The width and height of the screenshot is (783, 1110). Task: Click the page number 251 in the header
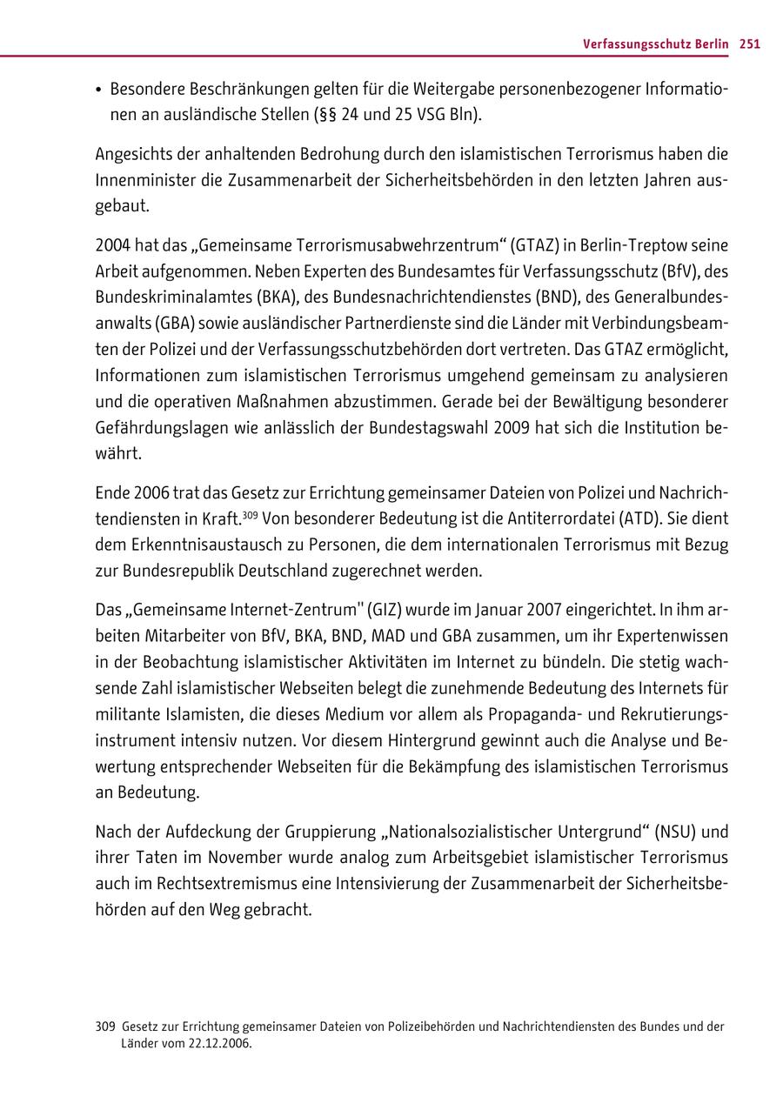coord(750,44)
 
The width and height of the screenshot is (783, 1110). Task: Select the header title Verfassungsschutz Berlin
coord(656,44)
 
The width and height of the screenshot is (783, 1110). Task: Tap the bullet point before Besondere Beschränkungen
coord(100,90)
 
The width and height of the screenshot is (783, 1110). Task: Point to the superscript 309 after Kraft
coord(250,514)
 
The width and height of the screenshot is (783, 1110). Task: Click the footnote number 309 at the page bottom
coord(105,1026)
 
